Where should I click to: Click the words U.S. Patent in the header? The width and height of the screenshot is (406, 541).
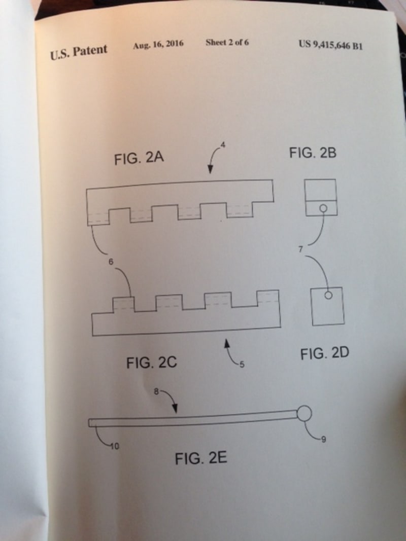79,51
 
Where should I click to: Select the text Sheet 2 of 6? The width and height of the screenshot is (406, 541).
227,43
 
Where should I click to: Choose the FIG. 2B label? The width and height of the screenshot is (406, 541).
313,152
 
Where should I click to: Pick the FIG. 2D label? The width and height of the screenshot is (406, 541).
324,353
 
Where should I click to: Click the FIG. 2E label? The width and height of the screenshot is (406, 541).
201,459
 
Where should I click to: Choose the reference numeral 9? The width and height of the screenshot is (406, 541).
323,440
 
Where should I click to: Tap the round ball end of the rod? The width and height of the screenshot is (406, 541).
304,413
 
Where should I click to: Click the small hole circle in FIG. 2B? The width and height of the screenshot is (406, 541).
321,207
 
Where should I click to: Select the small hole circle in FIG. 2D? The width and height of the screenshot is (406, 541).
328,294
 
